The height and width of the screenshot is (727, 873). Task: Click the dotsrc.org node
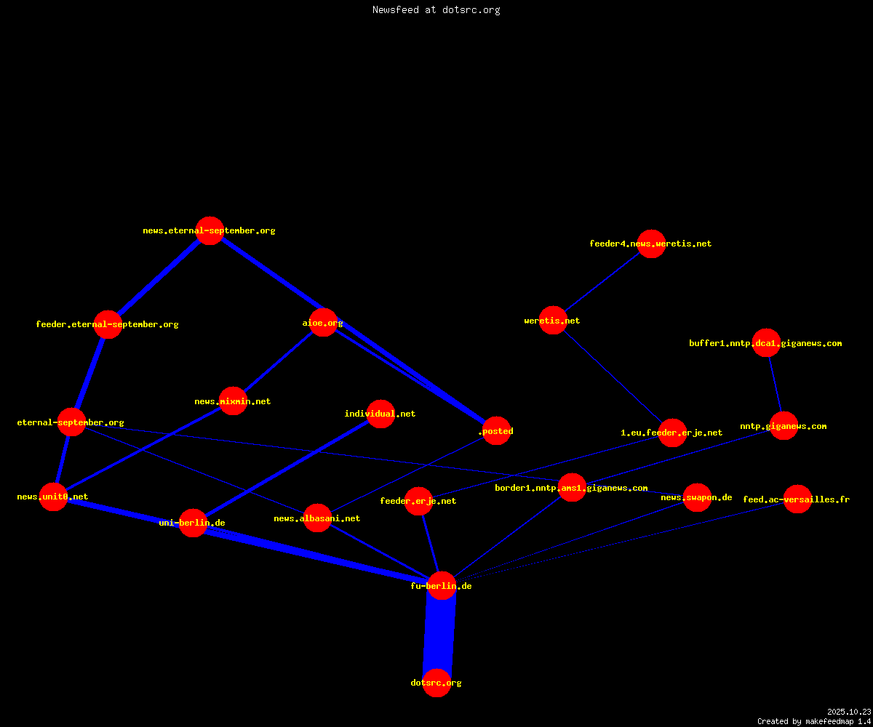pyautogui.click(x=436, y=683)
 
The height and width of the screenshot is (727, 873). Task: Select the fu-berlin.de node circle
pyautogui.click(x=442, y=586)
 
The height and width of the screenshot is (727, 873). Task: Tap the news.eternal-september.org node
pyautogui.click(x=210, y=230)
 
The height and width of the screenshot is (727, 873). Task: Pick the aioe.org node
pyautogui.click(x=323, y=323)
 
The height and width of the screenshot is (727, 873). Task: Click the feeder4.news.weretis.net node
pyautogui.click(x=651, y=244)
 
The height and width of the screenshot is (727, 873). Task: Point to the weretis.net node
pyautogui.click(x=553, y=321)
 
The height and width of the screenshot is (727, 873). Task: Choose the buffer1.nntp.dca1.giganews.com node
pyautogui.click(x=766, y=343)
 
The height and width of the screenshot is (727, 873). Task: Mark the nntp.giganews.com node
pyautogui.click(x=784, y=426)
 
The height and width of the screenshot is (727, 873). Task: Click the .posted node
pyautogui.click(x=496, y=431)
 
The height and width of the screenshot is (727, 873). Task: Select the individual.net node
pyautogui.click(x=380, y=414)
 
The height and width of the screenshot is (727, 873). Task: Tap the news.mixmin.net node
pyautogui.click(x=233, y=401)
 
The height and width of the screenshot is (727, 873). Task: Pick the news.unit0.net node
pyautogui.click(x=53, y=497)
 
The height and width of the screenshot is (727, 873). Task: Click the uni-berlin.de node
pyautogui.click(x=193, y=523)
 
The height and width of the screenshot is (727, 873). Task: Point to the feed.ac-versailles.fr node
pyautogui.click(x=797, y=499)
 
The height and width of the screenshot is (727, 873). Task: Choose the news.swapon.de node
pyautogui.click(x=697, y=497)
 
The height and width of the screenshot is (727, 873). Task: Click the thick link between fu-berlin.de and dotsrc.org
pyautogui.click(x=439, y=634)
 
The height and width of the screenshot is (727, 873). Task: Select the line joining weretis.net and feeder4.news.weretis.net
pyautogui.click(x=602, y=282)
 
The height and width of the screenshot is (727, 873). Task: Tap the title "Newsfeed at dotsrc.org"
pyautogui.click(x=436, y=9)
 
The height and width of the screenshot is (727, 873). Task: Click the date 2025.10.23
pyautogui.click(x=849, y=712)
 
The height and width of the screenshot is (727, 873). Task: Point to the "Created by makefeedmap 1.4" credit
pyautogui.click(x=814, y=721)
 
